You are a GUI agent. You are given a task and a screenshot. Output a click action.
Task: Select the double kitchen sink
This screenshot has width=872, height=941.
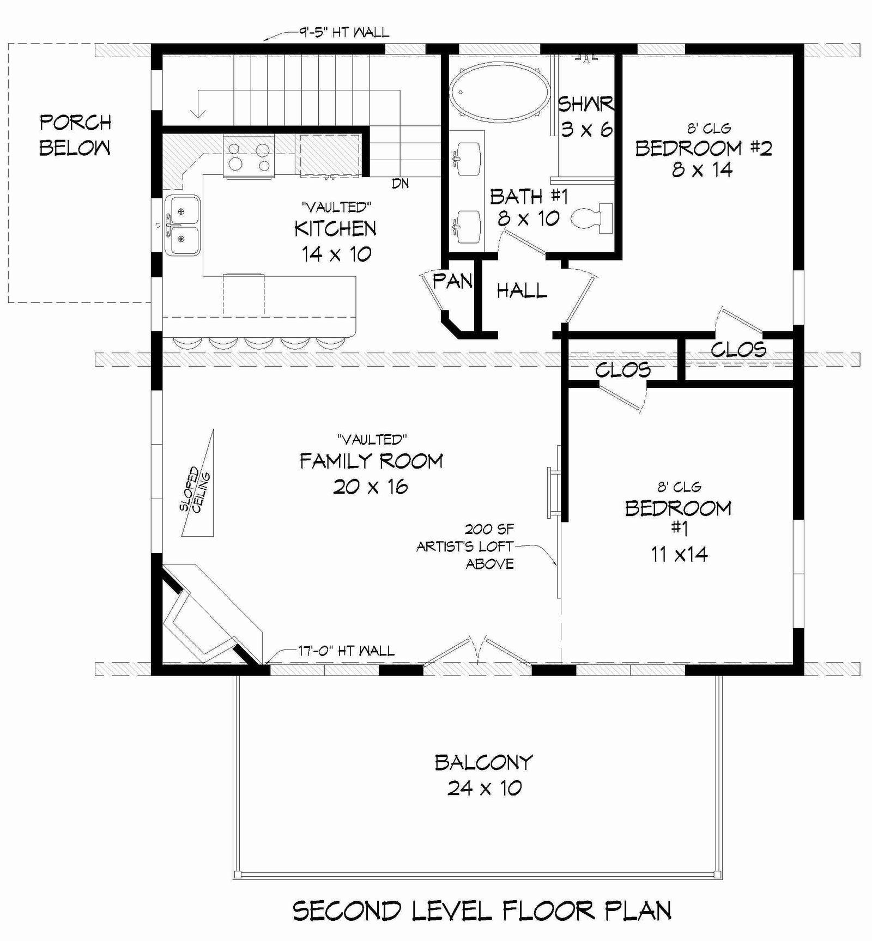(x=182, y=224)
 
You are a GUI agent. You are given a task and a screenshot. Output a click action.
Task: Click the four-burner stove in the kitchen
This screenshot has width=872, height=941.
(x=248, y=156)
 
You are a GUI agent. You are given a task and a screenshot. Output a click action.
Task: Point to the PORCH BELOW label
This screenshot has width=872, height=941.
(x=75, y=135)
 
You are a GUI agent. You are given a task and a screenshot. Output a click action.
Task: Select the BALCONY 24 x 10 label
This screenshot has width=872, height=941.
(x=484, y=775)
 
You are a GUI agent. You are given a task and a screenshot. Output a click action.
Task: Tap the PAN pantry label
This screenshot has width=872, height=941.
(x=452, y=282)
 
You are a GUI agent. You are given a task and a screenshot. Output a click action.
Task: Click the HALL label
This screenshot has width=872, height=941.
(x=522, y=290)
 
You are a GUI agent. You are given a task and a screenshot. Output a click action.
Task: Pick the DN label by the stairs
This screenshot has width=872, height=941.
(x=400, y=184)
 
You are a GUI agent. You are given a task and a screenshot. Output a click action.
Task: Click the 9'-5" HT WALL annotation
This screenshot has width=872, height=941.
(x=343, y=32)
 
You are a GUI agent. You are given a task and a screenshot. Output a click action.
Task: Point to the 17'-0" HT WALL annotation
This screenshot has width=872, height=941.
(x=346, y=650)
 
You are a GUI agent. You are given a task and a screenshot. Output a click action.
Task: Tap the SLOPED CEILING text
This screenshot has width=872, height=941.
(x=195, y=489)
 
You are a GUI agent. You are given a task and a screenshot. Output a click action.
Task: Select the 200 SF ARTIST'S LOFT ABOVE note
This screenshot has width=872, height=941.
(x=465, y=546)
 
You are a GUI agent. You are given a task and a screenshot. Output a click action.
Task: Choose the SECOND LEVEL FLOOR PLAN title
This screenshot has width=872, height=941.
(x=482, y=910)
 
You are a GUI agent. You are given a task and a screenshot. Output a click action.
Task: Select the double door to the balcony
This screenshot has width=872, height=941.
(x=477, y=651)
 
